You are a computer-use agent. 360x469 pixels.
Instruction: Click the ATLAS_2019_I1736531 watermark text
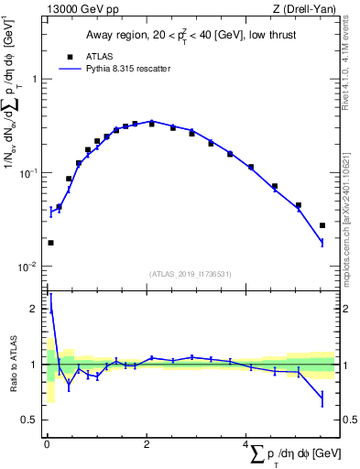[x=190, y=274]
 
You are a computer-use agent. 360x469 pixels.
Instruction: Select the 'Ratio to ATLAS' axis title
[x=13, y=364]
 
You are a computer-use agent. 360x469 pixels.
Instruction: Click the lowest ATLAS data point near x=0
[x=50, y=243]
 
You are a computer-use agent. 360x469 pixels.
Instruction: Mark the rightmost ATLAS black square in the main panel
[x=322, y=225]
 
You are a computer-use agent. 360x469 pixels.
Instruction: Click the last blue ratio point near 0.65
[x=322, y=398]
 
